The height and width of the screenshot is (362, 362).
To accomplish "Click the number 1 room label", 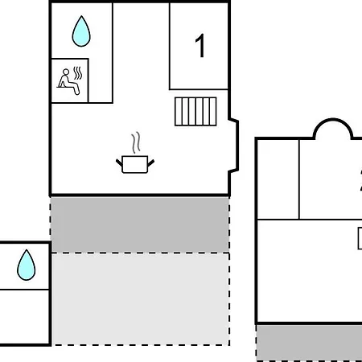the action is point(200,46).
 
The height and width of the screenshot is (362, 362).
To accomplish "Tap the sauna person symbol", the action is point(69,81).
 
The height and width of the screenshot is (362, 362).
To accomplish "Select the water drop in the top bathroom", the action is point(81,31).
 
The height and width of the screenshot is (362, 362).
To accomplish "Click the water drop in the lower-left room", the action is point(27,265).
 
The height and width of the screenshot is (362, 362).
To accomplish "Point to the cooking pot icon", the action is point(135,164).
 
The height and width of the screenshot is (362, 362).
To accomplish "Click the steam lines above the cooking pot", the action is point(136,142).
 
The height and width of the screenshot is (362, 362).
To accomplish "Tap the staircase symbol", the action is point(195,112).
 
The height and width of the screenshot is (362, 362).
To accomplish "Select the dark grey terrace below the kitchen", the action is point(140,224).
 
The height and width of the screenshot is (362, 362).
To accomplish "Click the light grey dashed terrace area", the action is point(140,299).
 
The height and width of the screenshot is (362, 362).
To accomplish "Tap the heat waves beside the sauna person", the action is point(78,73).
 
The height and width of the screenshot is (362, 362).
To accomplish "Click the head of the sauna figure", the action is point(66,72).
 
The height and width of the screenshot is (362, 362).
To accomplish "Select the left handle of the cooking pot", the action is point(119,162).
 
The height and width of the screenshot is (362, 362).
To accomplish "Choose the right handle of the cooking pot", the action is point(151,162).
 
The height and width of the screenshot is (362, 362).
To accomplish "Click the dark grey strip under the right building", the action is point(309,343).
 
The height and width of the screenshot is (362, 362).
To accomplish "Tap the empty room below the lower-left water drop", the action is point(25,317).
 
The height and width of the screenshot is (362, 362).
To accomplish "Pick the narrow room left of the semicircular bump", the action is point(278,179).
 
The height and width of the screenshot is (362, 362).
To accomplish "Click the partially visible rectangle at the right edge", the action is point(360,238).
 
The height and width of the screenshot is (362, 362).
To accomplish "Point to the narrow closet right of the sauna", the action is point(101,80).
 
